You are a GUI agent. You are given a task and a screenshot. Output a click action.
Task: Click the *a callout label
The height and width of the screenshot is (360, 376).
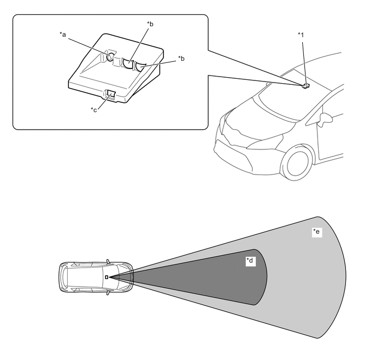coord(63,34)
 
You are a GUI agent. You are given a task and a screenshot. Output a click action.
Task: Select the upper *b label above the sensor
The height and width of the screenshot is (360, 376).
coord(150,24)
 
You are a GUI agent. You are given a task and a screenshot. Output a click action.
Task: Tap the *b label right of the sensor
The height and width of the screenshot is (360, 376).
coord(181,58)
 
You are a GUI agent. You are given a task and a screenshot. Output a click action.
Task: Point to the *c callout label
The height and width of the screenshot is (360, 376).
coord(93,110)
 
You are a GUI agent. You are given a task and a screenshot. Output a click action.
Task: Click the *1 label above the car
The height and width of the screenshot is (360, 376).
coord(301,35)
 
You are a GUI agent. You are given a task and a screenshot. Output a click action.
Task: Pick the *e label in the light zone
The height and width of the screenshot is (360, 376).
coord(316,233)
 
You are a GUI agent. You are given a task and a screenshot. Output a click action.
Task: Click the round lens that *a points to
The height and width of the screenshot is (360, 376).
coord(110,56)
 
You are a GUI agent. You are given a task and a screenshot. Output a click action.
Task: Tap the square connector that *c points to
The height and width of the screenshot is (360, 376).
coord(110,95)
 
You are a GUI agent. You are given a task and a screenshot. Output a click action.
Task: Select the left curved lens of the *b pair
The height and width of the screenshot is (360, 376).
coord(128,65)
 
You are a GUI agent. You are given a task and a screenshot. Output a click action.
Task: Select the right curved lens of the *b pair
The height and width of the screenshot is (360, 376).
coord(140,67)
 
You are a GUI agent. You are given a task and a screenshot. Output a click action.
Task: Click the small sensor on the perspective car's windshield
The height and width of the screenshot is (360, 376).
coord(305,85)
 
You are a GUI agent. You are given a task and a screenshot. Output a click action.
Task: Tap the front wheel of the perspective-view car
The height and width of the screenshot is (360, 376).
coord(298,164)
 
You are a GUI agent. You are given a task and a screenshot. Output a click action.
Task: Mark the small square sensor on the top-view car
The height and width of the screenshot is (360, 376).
coord(107,277)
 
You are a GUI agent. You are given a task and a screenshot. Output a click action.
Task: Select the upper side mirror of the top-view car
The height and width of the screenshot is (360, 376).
coord(108,261)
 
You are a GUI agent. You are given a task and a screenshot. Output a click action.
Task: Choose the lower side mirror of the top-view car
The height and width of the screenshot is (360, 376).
coord(108,293)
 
